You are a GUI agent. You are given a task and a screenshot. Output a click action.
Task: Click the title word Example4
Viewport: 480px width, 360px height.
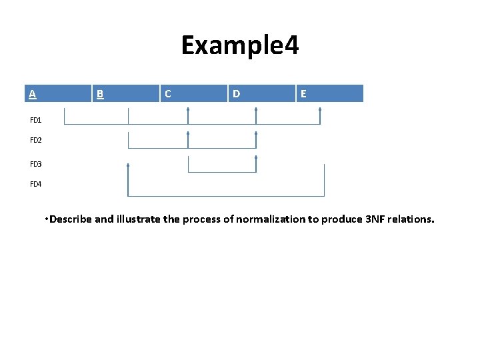coord(240,45)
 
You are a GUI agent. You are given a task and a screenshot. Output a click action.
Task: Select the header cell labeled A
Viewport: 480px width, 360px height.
coord(32,93)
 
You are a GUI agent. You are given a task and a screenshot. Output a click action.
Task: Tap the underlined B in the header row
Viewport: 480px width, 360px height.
coord(100,94)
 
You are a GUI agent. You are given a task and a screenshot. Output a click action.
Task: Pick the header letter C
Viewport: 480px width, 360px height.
coord(167,94)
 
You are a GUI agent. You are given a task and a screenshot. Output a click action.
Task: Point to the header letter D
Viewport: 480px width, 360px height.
coord(236,94)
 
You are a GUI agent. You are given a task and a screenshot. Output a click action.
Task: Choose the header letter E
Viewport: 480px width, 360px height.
coord(303,94)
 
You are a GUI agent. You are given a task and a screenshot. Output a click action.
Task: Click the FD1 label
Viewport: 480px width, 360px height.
coord(36,121)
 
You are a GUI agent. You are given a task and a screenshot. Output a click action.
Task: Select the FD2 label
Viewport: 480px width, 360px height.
coord(36,141)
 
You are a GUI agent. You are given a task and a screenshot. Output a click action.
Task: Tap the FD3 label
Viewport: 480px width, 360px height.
coord(36,164)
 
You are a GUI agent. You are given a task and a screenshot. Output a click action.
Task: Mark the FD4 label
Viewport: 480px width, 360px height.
coord(36,184)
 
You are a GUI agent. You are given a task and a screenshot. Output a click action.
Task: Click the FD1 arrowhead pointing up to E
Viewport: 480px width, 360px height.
coord(320,110)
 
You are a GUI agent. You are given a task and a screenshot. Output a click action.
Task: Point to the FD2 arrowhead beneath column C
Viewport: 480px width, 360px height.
coord(188,134)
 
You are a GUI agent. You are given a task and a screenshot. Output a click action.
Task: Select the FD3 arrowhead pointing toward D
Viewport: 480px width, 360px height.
coord(256,158)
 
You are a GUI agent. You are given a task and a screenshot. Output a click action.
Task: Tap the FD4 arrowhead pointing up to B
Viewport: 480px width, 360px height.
coord(128,165)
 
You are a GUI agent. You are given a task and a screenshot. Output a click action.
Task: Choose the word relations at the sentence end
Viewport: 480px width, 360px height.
coord(414,219)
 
